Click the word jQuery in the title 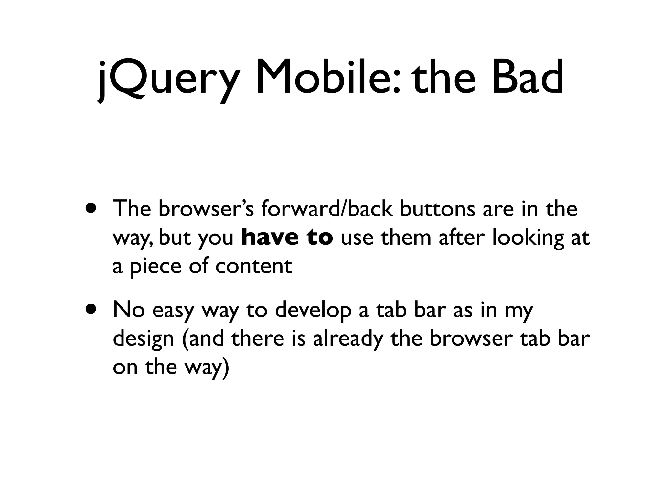tap(168, 79)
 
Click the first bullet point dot tap(91, 208)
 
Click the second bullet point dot tap(91, 309)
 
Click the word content tap(253, 266)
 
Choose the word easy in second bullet tap(173, 311)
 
